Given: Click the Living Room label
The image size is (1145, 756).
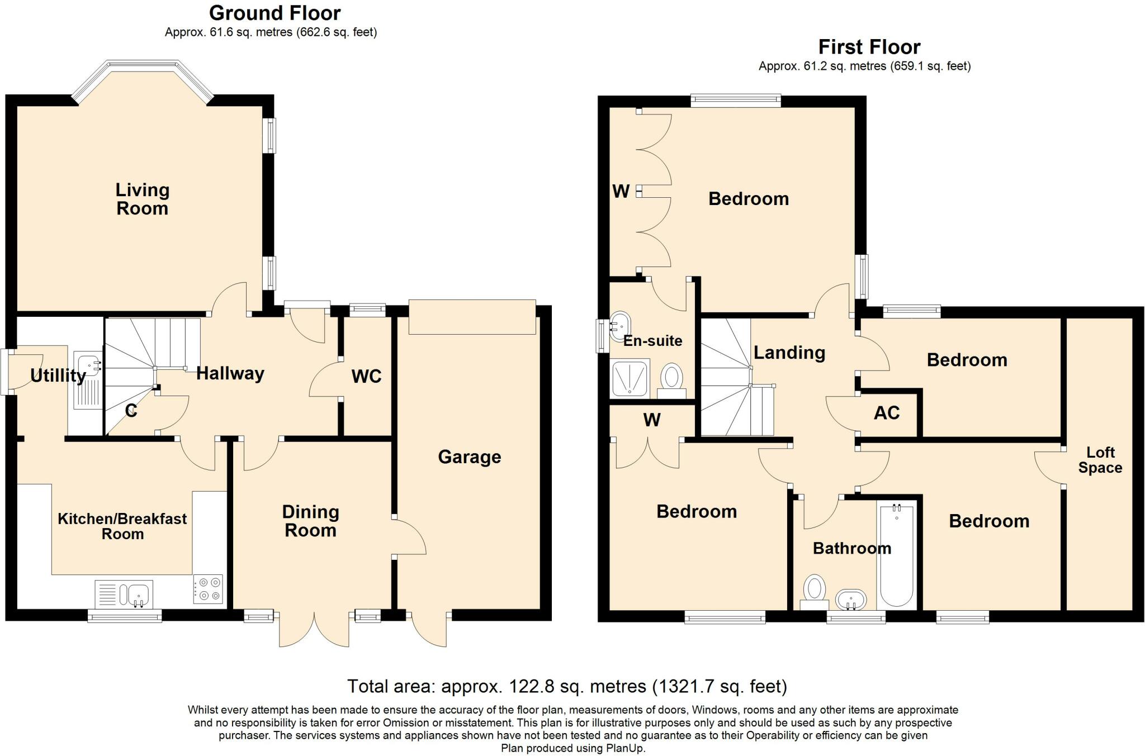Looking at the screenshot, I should click(x=142, y=199).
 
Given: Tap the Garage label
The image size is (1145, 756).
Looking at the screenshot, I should click(x=469, y=457).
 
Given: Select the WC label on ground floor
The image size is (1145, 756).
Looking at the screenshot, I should click(x=366, y=377).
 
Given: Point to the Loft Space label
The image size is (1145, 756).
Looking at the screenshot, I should click(x=1100, y=460).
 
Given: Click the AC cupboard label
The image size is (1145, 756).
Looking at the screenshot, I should click(x=887, y=413).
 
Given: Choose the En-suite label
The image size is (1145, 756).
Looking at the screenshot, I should click(x=652, y=341).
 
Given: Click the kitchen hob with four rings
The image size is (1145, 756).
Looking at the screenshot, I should click(x=208, y=589).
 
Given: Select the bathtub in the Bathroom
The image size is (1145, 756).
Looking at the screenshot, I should click(x=897, y=556).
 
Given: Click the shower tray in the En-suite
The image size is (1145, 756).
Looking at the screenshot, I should click(x=630, y=378).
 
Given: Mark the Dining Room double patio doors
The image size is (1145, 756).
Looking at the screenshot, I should click(x=314, y=630).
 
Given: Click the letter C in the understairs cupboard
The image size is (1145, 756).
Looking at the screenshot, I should click(x=131, y=412).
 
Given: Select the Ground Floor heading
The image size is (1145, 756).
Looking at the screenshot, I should click(x=275, y=12).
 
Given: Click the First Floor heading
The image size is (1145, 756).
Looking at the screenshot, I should click(x=869, y=47).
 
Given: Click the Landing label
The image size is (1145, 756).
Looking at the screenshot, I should click(x=789, y=353).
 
